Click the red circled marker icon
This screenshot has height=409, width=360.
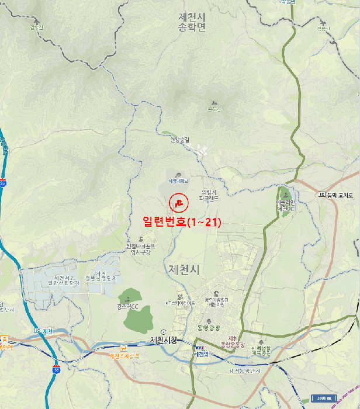click(179, 203)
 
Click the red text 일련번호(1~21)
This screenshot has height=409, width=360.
click(174, 222)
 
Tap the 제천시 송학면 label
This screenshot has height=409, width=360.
click(193, 23)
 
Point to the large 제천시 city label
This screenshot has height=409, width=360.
click(183, 270)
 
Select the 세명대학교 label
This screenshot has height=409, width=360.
click(179, 181)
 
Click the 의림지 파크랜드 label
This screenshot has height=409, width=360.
click(209, 195)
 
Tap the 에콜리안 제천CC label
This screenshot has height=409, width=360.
click(287, 206)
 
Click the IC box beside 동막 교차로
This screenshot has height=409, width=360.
click(322, 194)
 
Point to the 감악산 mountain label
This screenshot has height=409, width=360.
click(36, 26)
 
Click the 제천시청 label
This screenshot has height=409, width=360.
click(163, 341)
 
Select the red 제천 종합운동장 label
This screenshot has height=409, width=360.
click(233, 342)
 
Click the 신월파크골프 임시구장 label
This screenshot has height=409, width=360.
click(139, 249)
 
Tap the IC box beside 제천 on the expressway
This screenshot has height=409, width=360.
click(37, 331)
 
